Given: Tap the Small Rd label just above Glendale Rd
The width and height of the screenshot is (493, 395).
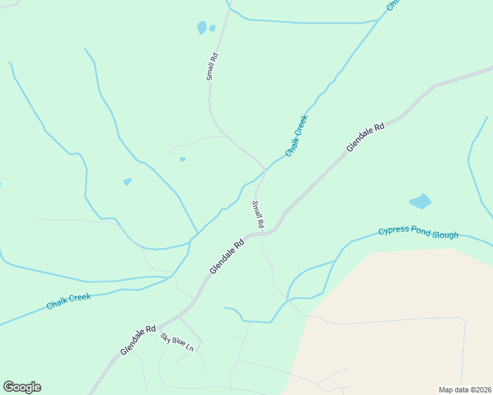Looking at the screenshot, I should pos(258,214).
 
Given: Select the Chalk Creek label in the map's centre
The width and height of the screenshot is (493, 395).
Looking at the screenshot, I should pos(297,136).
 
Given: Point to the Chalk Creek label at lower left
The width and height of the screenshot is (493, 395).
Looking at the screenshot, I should pos(69,302).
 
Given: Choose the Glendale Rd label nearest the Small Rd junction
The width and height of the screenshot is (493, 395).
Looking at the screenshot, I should pos(227,256).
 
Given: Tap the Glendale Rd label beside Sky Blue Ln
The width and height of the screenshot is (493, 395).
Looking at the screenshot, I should pos(138,340).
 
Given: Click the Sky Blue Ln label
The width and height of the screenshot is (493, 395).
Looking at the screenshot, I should pos(177,342).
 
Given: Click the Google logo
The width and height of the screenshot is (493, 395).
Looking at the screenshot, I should pos(22,387).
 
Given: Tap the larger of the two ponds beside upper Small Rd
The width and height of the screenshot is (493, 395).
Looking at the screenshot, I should pos(202,28).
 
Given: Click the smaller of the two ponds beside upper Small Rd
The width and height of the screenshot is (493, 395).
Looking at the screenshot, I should pos(212,28).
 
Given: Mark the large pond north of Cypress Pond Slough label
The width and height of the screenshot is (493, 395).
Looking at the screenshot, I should pos(420,201).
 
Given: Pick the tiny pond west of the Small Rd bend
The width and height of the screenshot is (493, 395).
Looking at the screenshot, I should pos(183,159).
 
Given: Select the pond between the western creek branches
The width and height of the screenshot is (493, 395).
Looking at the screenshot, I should pos(127,181).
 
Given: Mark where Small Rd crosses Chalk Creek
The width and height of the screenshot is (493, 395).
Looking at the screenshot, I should pos(265,171).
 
